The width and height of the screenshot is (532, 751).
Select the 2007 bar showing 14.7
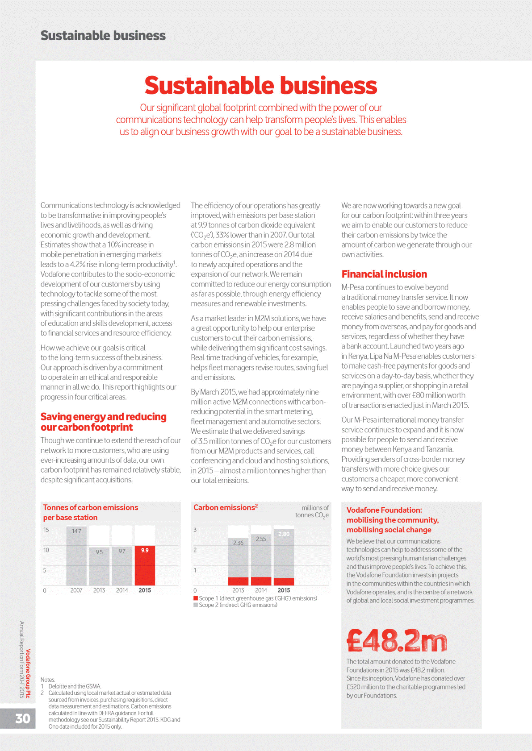pos(76,556)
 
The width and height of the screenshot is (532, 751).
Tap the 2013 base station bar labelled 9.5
pos(99,566)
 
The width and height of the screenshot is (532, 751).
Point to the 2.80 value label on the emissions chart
pos(284,534)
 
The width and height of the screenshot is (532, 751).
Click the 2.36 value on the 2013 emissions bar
pos(238,543)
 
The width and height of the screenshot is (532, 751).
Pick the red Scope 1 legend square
pos(196,598)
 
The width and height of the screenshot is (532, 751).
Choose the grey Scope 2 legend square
pos(196,605)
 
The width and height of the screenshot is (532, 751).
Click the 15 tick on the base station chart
pos(46,530)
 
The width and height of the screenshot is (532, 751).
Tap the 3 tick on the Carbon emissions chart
pos(195,530)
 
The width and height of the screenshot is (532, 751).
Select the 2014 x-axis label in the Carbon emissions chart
pos(261,590)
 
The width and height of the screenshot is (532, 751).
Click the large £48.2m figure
pos(397,641)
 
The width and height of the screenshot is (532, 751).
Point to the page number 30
pos(23,718)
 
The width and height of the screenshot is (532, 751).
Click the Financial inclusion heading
pos(384,274)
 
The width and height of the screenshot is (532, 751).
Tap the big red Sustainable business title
pos(261,85)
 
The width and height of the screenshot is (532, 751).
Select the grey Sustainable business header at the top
pos(103,36)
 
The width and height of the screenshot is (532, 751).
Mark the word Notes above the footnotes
pos(48,680)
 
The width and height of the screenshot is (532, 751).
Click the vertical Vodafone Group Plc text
pos(28,673)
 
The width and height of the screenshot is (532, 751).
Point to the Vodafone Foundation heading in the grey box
pos(392,520)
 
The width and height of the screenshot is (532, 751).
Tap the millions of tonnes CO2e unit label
pos(312,511)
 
